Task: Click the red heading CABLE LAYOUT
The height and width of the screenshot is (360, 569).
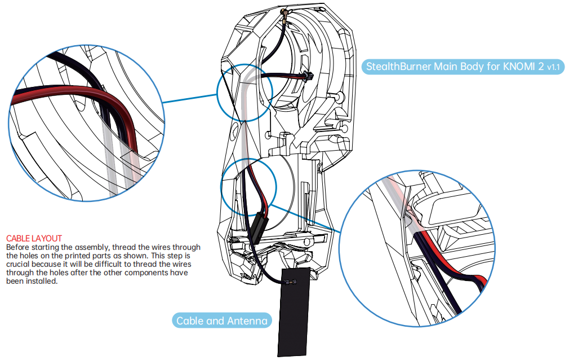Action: [34, 239]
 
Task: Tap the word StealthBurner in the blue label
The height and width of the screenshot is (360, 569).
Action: [398, 67]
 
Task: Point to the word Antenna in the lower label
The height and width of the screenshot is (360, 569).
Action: [247, 321]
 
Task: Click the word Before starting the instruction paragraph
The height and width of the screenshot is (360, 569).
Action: [19, 247]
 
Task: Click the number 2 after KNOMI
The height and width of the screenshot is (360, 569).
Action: [541, 67]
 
